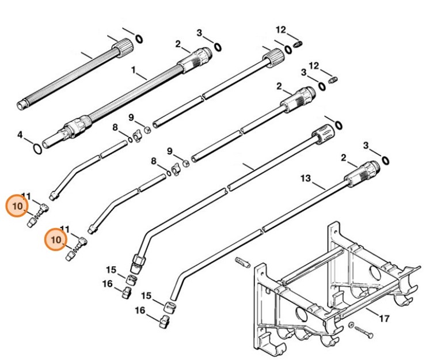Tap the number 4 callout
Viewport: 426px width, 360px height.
(20, 135)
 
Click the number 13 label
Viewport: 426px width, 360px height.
(306, 178)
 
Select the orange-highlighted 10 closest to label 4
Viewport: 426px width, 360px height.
(17, 206)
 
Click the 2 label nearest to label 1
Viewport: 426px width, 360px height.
(178, 44)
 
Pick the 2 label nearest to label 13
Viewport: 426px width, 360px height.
(344, 157)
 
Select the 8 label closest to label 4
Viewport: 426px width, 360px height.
(115, 127)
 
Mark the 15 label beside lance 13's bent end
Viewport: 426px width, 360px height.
(147, 295)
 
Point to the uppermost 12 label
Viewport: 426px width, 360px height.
(280, 29)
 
